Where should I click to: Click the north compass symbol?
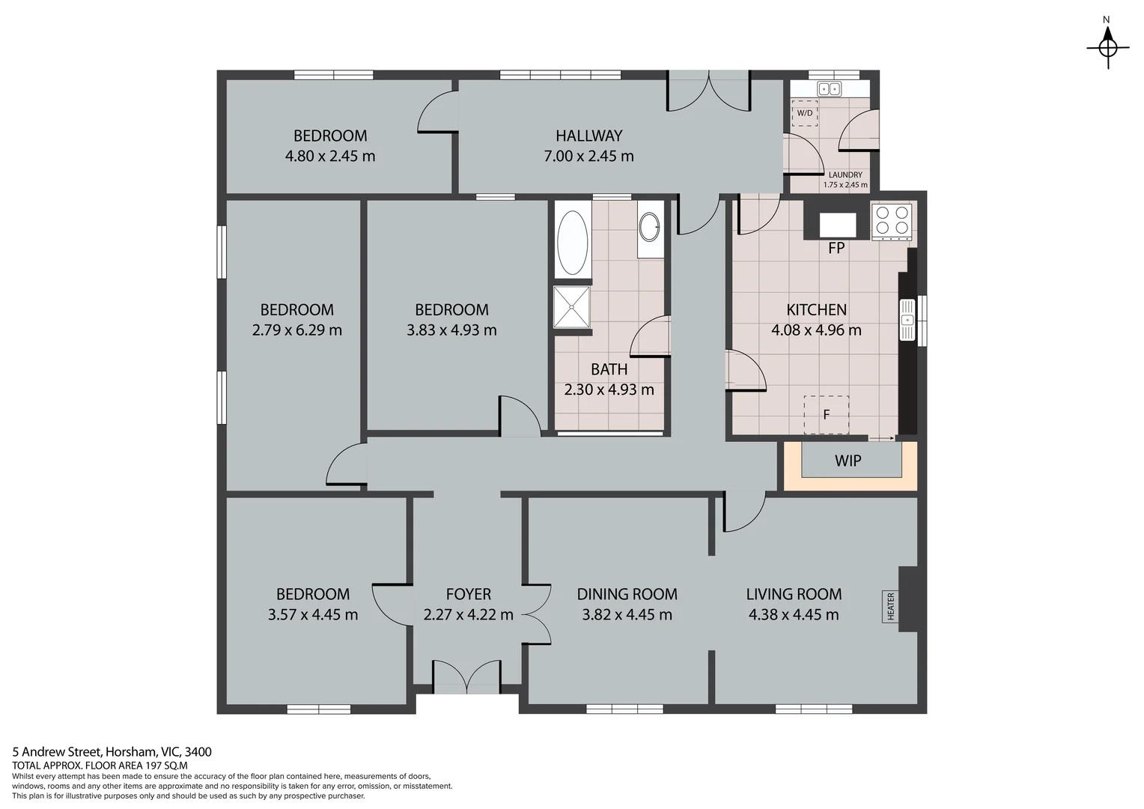point(1108,47)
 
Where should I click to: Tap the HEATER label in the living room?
point(891,606)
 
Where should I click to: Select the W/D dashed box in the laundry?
point(805,113)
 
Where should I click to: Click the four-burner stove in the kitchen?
point(891,221)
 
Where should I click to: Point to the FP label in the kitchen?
point(836,249)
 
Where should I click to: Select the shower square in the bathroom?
point(571,306)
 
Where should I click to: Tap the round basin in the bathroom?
point(650,227)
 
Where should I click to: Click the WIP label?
point(848,461)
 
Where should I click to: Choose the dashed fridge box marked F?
point(826,414)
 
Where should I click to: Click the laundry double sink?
point(829,89)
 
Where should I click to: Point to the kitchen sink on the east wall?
point(907,319)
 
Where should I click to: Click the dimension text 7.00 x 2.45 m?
point(588,156)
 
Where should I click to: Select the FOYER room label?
point(469,594)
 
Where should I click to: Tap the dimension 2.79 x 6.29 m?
point(296,330)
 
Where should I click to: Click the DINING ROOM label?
point(627,594)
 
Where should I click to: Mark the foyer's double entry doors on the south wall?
point(466,676)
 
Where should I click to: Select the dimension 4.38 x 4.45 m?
point(794,615)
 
